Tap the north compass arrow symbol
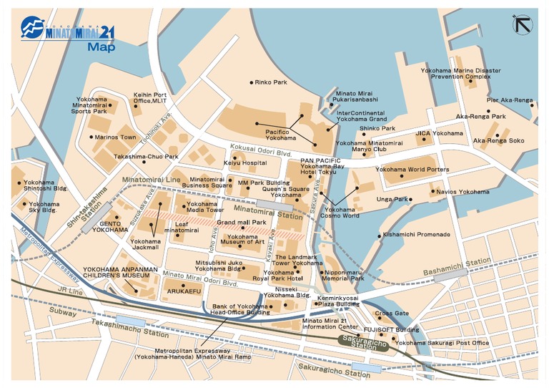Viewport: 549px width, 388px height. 523,24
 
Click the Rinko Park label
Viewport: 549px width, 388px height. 272,82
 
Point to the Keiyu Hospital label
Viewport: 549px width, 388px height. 240,163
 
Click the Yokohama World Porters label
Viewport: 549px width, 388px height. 412,170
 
